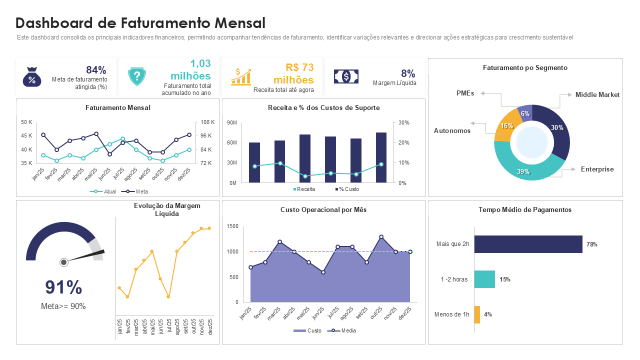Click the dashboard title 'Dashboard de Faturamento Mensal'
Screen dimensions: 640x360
click(x=140, y=23)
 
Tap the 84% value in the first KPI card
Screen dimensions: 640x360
click(x=96, y=70)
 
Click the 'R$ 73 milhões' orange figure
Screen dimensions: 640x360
click(x=293, y=73)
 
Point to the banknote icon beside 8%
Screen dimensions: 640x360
click(x=346, y=76)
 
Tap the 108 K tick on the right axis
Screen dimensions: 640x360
click(x=207, y=122)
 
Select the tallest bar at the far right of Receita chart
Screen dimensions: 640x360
click(x=381, y=157)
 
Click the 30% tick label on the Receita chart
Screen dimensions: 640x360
click(x=404, y=122)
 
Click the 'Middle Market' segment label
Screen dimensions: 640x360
click(x=597, y=94)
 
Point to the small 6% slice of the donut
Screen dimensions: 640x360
click(x=525, y=113)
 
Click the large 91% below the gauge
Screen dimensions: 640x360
click(x=63, y=287)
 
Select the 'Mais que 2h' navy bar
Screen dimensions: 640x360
click(x=528, y=244)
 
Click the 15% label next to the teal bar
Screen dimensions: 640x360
click(x=504, y=279)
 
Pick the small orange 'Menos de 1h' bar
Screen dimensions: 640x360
click(x=477, y=314)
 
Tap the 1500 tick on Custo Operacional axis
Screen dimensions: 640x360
click(x=232, y=226)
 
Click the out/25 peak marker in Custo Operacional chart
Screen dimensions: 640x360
click(x=381, y=237)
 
